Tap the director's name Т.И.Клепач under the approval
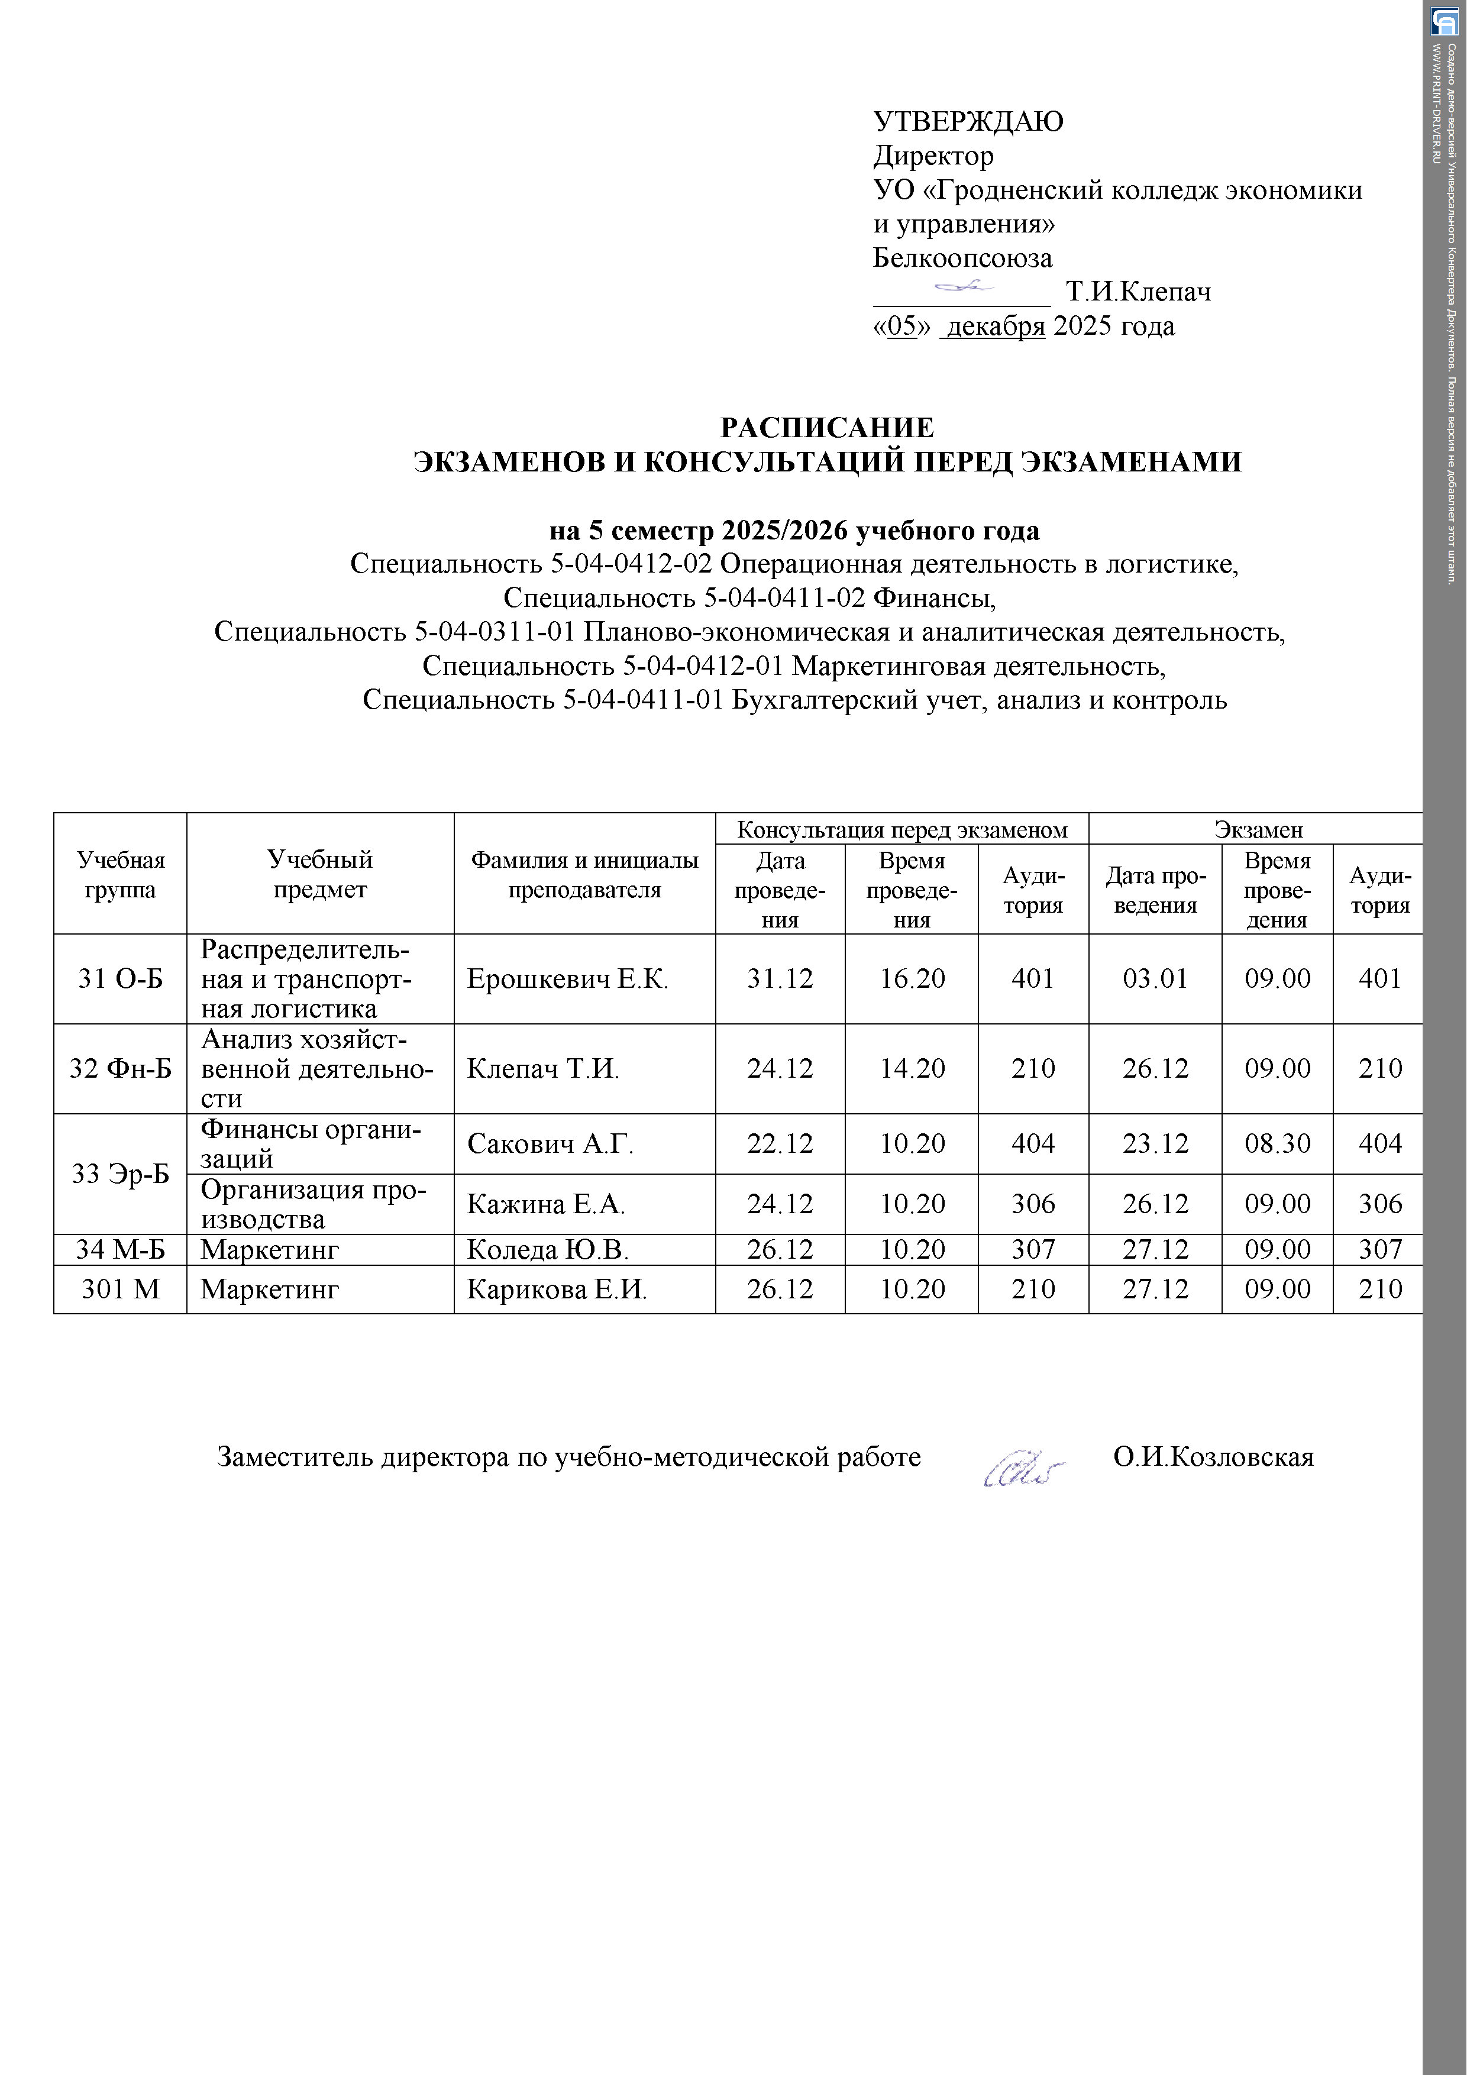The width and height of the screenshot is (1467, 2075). [x=1138, y=292]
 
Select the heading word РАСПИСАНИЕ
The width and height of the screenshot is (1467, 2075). [x=826, y=428]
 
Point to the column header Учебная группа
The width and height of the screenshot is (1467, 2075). [x=120, y=874]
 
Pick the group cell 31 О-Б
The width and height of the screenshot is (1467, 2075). [x=120, y=979]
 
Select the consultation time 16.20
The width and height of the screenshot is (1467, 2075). [x=912, y=979]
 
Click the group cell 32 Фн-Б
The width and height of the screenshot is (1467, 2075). [x=120, y=1069]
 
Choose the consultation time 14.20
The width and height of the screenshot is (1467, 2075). [x=912, y=1069]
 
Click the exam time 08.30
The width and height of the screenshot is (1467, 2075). [x=1277, y=1144]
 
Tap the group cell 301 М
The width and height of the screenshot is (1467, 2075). [x=120, y=1289]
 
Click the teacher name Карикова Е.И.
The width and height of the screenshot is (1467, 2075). [x=557, y=1289]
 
